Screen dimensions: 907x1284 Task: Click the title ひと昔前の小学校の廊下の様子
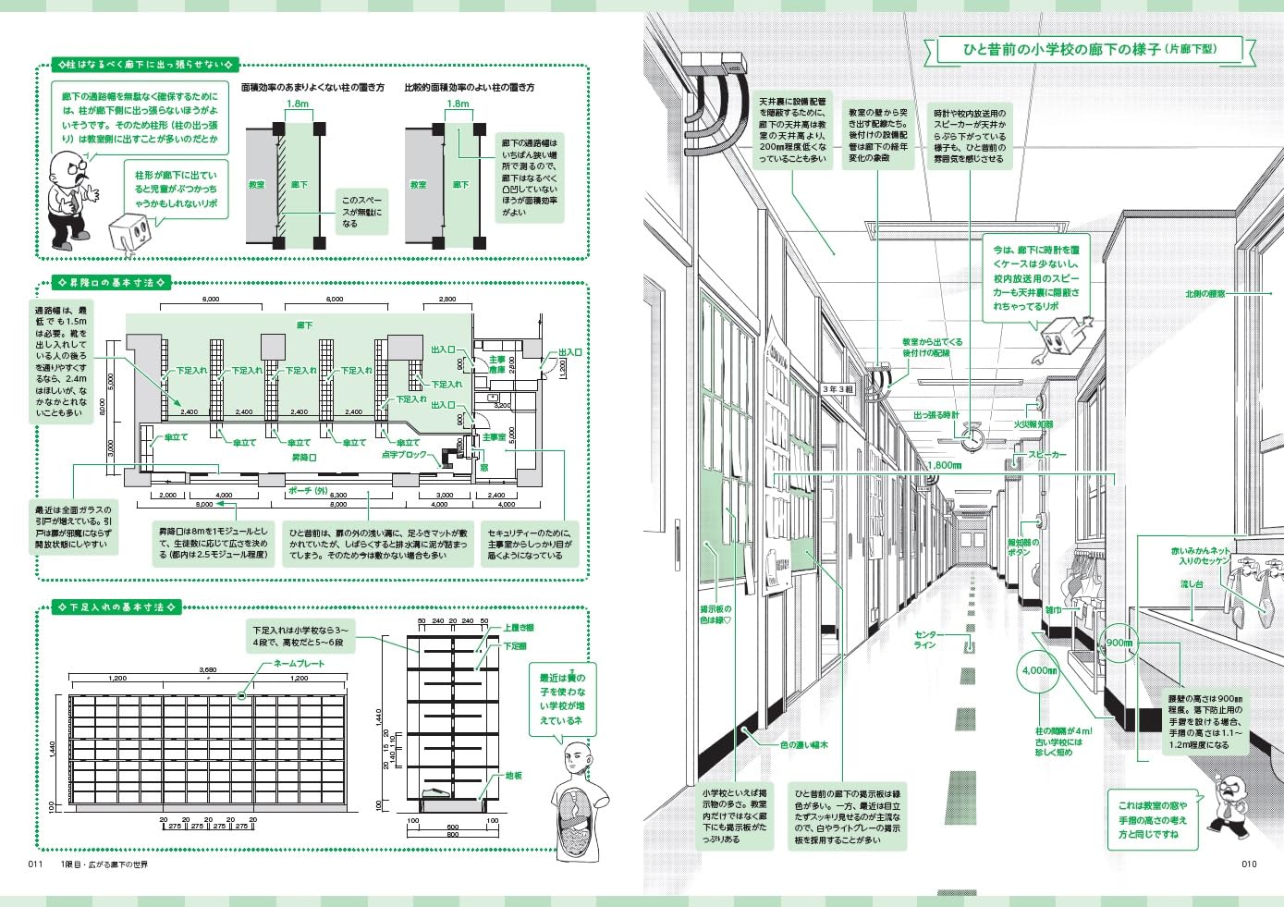(1063, 49)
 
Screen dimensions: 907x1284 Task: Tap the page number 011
(36, 864)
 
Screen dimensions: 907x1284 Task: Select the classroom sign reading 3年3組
(838, 389)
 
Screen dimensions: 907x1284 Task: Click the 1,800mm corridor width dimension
(944, 466)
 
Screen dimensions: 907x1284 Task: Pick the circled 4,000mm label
(1039, 670)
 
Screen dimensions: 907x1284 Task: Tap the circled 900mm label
(1119, 643)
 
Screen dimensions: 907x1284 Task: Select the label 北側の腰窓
(1205, 294)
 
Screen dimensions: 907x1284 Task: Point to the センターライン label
(924, 640)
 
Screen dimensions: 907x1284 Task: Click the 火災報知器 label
(1033, 424)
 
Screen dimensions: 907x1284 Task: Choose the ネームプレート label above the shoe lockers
(299, 664)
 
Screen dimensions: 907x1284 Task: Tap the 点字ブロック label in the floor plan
(404, 455)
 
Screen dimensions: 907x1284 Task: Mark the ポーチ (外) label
(308, 491)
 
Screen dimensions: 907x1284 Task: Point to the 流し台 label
(1192, 584)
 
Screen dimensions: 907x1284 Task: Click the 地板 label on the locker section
(514, 776)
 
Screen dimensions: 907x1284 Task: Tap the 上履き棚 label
(519, 628)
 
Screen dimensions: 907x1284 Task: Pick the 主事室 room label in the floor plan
(495, 437)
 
